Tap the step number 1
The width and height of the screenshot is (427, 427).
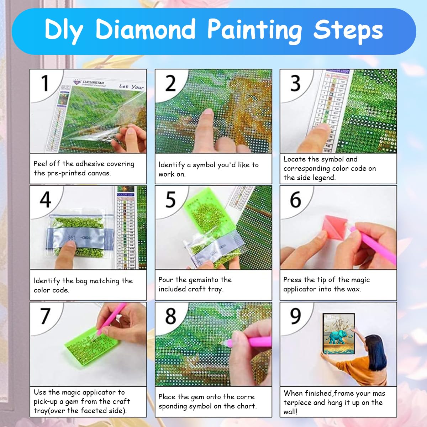click(45, 83)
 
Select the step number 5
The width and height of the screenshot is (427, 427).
click(171, 200)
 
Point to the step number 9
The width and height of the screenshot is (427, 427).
click(296, 316)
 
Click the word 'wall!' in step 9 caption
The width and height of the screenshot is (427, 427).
click(291, 412)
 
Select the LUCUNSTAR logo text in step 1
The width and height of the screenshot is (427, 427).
click(93, 82)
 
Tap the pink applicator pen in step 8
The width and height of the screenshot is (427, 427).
click(258, 342)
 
